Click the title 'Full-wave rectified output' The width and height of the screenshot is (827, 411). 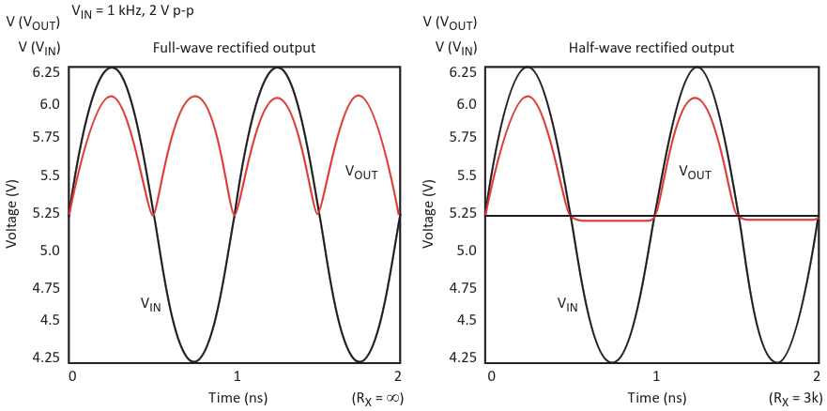coord(234,48)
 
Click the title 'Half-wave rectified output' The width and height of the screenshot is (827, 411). coord(651,48)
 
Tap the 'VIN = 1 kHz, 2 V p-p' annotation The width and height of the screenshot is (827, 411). coord(139,11)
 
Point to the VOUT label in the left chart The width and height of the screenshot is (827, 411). coord(360,172)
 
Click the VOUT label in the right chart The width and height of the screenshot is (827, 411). coord(694,173)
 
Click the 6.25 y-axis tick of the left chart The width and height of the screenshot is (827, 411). coord(47,72)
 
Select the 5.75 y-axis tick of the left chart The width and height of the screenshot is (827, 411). coord(47,136)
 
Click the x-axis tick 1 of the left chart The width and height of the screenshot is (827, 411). coord(237,375)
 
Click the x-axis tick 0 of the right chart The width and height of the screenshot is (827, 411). coord(491,375)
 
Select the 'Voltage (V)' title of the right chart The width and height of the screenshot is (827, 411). coord(431,210)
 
